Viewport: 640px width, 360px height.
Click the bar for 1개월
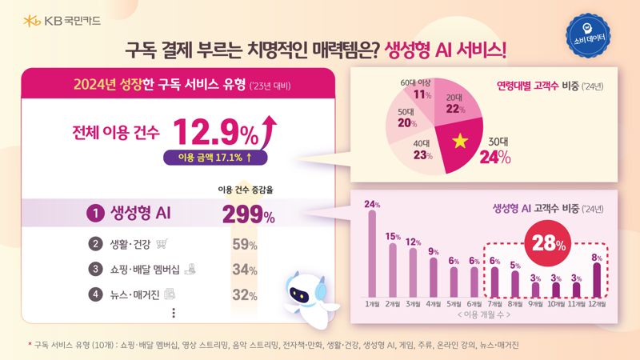[372, 253]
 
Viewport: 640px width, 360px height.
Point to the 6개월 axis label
[475, 304]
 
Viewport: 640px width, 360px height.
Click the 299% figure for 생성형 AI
[249, 214]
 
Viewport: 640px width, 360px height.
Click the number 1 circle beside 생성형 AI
[94, 214]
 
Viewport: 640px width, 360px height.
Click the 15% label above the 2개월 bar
[393, 236]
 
